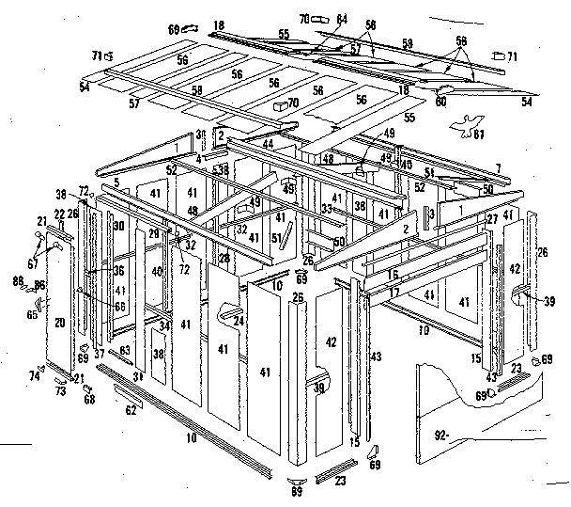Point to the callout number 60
(x=440, y=102)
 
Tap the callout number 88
(x=17, y=279)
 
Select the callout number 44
(x=268, y=144)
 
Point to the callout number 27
(x=491, y=218)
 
